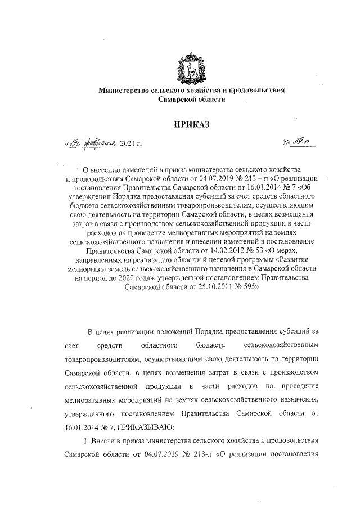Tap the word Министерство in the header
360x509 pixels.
[x=125, y=90]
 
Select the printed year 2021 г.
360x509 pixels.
[x=130, y=145]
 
